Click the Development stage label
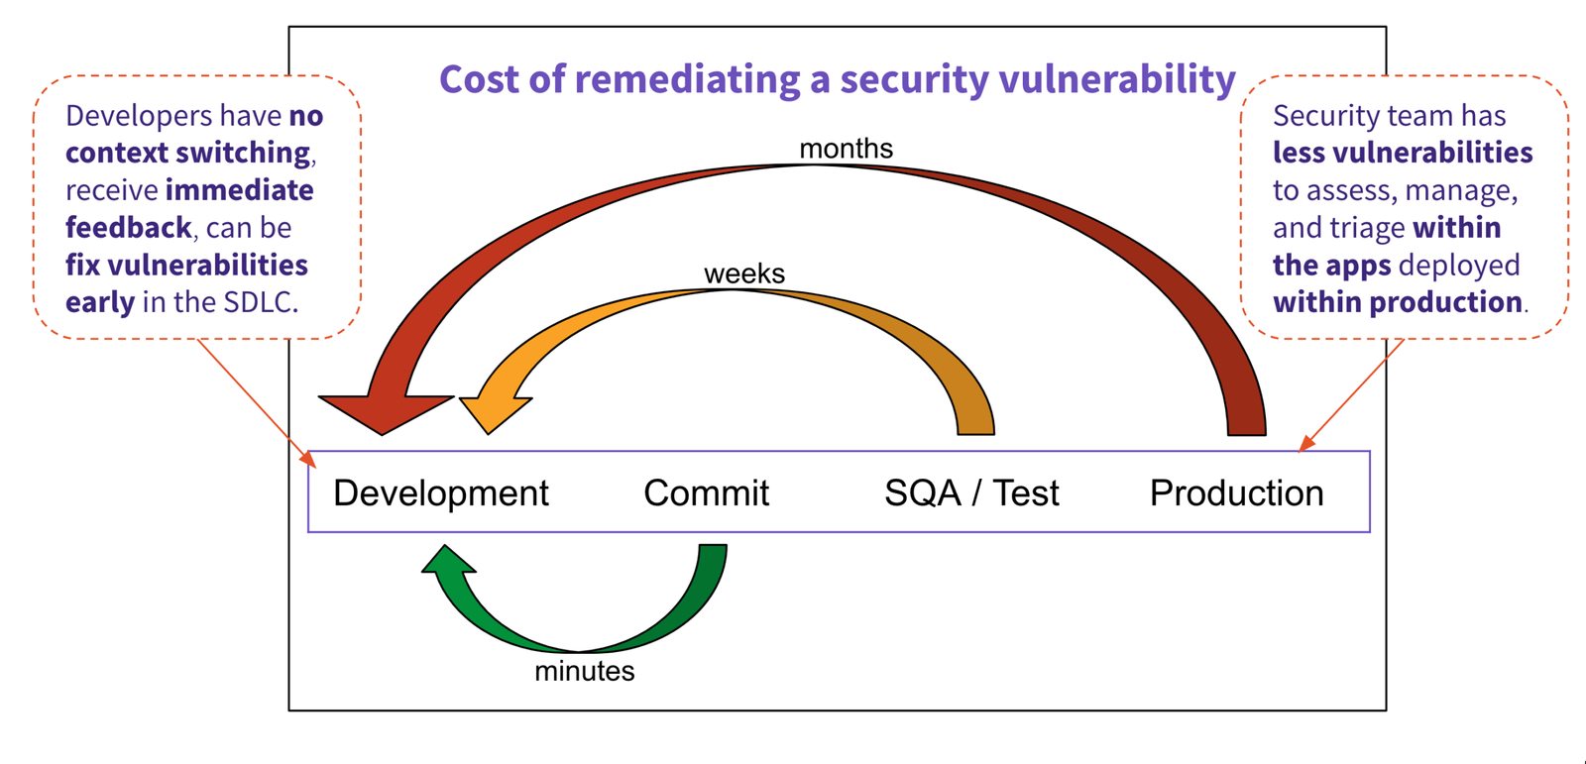[x=440, y=492]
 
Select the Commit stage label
[x=706, y=492]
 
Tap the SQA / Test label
[x=971, y=492]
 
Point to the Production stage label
[x=1236, y=492]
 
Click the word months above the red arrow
[x=846, y=149]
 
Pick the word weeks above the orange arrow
[x=743, y=273]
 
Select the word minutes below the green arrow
[x=584, y=671]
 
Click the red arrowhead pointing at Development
[x=385, y=410]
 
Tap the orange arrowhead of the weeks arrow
[x=496, y=411]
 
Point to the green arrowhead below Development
[x=448, y=562]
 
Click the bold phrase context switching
[x=188, y=153]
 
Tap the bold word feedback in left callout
[x=128, y=228]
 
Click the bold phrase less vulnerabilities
[x=1402, y=153]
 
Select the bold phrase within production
[x=1397, y=302]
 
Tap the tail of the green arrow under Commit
[x=713, y=552]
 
